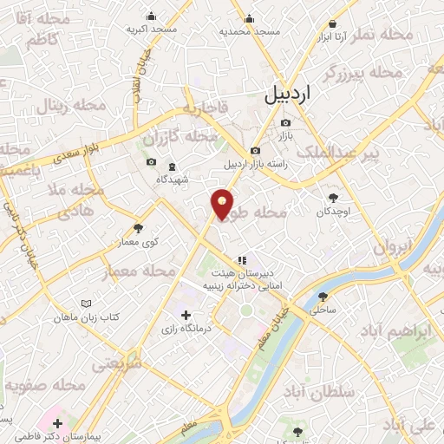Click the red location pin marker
point(223,203)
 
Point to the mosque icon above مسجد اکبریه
point(152,16)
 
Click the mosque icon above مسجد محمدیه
point(250,19)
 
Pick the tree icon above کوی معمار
point(138,229)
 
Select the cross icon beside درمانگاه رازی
point(186,314)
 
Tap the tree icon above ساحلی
point(323,297)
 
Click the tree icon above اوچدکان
point(332,197)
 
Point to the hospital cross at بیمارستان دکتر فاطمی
point(58,424)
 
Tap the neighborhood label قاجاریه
point(205,109)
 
